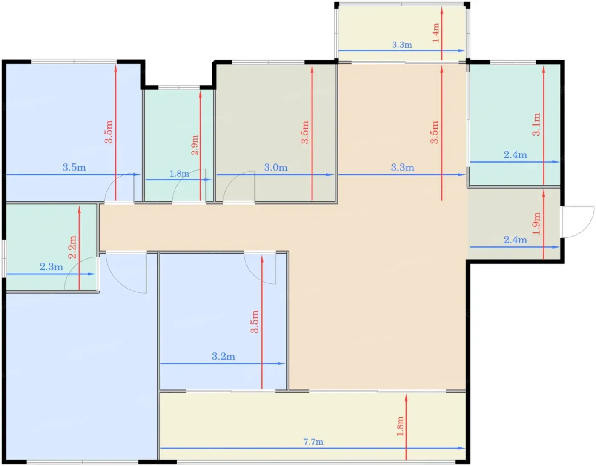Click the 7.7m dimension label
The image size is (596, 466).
[x=313, y=442]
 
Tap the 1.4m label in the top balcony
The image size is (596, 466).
[x=436, y=33]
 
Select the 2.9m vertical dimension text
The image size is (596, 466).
[x=195, y=145]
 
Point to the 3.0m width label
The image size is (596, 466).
[x=275, y=168]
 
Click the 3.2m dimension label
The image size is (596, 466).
[x=223, y=356]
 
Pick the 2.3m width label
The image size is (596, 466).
[x=51, y=267]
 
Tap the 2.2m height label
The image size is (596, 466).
[x=72, y=247]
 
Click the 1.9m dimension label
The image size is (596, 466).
[x=536, y=223]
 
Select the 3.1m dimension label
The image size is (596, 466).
[x=536, y=124]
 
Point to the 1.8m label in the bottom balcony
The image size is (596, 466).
[x=400, y=426]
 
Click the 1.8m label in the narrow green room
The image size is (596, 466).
[x=179, y=174]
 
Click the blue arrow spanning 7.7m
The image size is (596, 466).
[x=312, y=448]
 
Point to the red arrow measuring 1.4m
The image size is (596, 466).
[x=441, y=34]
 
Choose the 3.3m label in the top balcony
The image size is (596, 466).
[x=402, y=45]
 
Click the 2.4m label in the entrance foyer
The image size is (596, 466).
[x=515, y=240]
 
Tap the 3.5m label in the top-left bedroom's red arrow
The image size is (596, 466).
[x=109, y=132]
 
